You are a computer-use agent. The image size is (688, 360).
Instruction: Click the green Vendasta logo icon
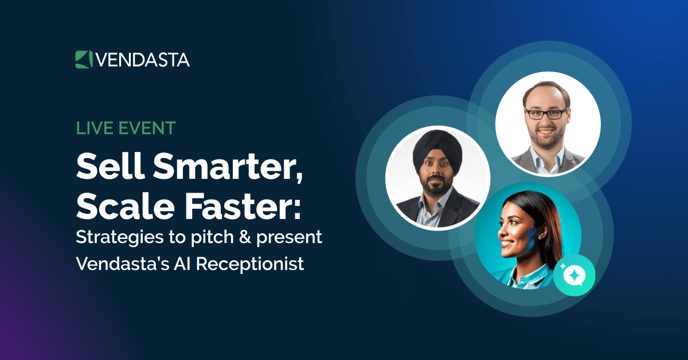84,60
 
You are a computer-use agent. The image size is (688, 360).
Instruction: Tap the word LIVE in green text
93,128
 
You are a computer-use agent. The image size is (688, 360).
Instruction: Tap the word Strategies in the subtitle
115,238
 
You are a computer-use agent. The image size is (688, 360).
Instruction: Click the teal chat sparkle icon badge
574,275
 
